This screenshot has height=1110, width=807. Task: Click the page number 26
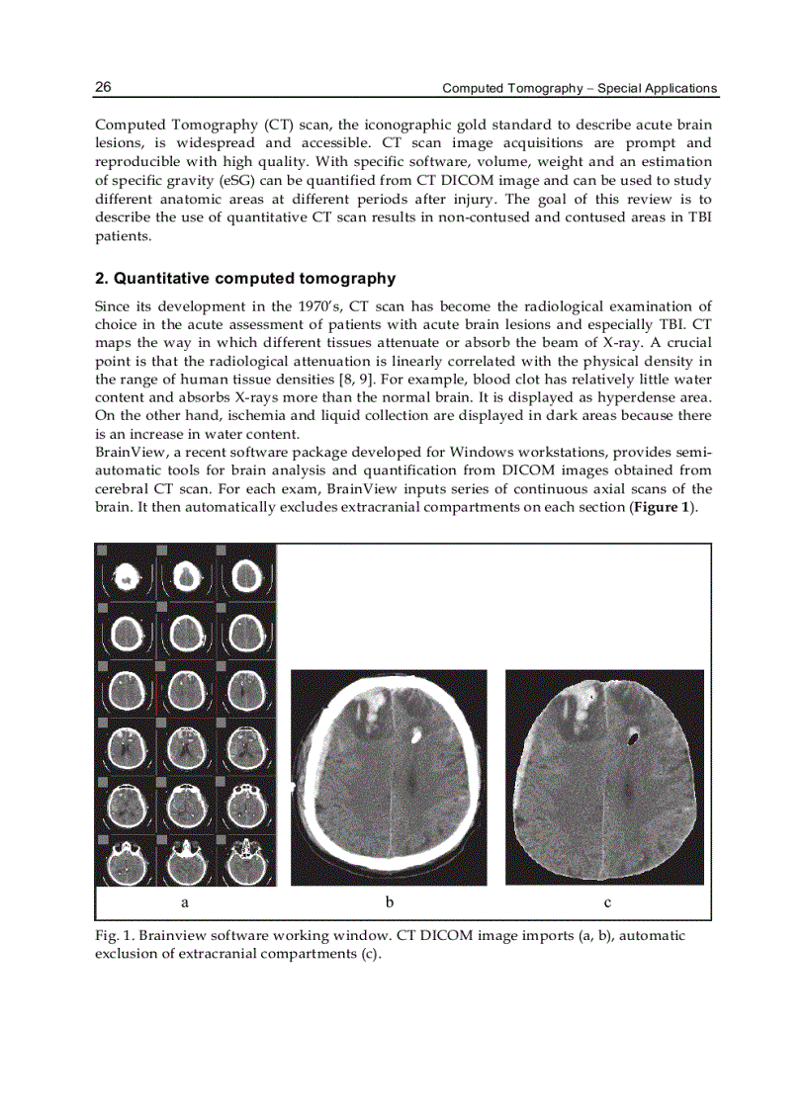(x=103, y=87)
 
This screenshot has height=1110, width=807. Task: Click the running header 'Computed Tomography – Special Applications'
(x=579, y=88)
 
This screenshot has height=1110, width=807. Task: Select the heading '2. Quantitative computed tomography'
(x=244, y=279)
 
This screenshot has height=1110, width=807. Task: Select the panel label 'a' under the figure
(x=185, y=902)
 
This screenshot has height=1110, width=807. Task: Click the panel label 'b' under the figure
(x=390, y=901)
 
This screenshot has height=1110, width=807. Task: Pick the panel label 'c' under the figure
(x=607, y=902)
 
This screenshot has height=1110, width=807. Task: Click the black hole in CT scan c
(x=634, y=735)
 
